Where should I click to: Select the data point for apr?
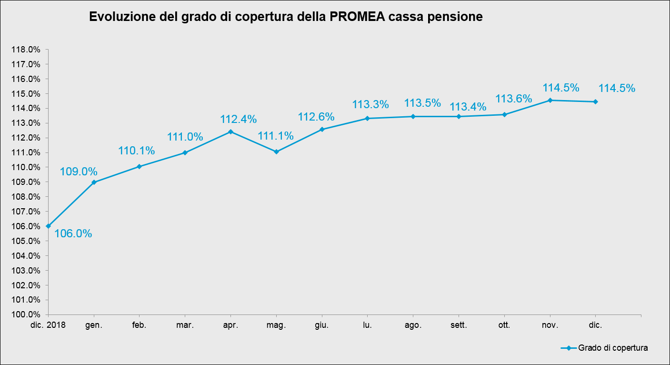tap(230, 132)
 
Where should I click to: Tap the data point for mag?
tap(276, 152)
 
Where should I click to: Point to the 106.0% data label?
tap(73, 234)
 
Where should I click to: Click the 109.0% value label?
tap(79, 172)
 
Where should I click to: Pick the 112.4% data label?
tap(238, 119)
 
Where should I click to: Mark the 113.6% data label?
tap(514, 99)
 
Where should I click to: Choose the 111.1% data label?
tap(276, 136)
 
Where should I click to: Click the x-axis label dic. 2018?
tap(48, 326)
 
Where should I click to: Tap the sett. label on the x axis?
tap(459, 326)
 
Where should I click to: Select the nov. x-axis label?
tap(550, 326)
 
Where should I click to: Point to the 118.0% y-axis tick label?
tap(27, 50)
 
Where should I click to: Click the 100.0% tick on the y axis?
tap(27, 314)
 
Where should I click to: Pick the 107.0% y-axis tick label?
tap(27, 212)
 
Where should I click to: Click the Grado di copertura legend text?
tap(613, 348)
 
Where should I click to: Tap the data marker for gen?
tap(94, 182)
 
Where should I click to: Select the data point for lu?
tap(367, 118)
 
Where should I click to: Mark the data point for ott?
tap(504, 114)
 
